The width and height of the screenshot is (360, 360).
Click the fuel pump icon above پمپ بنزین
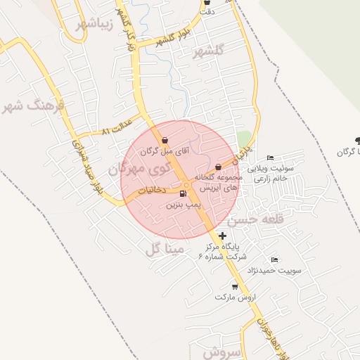184,194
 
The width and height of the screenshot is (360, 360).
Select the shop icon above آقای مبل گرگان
165,140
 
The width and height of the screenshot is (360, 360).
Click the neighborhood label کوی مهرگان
139,169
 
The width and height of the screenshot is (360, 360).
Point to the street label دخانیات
151,190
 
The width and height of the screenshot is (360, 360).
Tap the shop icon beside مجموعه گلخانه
218,167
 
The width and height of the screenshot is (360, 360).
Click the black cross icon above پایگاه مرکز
223,236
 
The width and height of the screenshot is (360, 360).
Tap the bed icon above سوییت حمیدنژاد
274,260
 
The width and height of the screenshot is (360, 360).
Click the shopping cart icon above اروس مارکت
236,287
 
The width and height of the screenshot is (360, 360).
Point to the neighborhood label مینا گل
164,248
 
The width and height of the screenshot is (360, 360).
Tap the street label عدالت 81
116,131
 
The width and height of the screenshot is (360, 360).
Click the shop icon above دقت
207,2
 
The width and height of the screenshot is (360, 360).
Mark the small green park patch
244,139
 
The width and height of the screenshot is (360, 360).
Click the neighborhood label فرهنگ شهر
33,106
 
